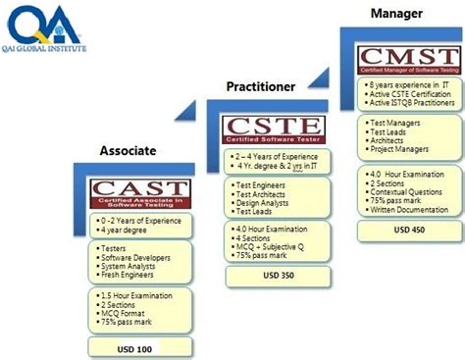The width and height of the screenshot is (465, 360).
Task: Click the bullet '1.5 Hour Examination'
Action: pos(136,294)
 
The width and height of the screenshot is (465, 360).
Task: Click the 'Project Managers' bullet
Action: pos(404,152)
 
